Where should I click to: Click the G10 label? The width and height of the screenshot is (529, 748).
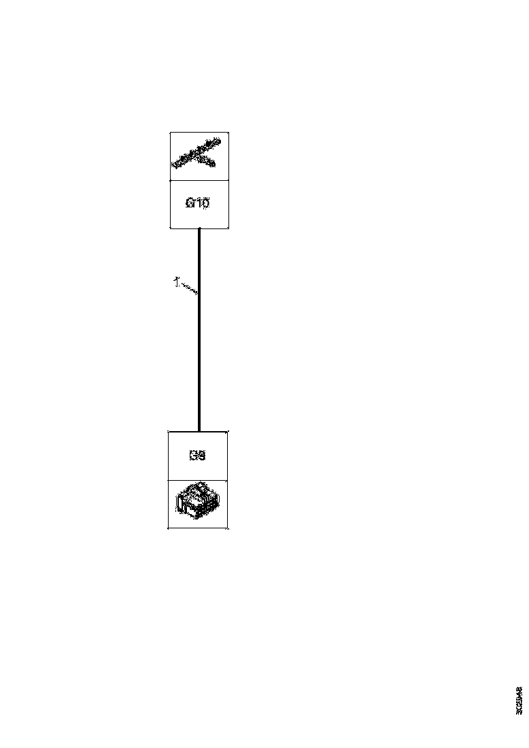pyautogui.click(x=197, y=203)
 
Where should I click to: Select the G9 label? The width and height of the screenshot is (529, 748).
pyautogui.click(x=197, y=456)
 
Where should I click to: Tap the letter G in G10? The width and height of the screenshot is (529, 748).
pyautogui.click(x=190, y=203)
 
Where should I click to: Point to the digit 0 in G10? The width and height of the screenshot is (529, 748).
pyautogui.click(x=205, y=203)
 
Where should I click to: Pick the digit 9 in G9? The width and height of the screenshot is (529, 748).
pyautogui.click(x=202, y=456)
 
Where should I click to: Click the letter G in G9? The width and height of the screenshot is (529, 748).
pyautogui.click(x=193, y=456)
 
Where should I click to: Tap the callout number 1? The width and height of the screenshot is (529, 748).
pyautogui.click(x=175, y=281)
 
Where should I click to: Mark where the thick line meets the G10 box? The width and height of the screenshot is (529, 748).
pyautogui.click(x=199, y=229)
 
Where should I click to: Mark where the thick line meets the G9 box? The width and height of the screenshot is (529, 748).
pyautogui.click(x=199, y=431)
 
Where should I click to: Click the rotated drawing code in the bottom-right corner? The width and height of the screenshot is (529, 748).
pyautogui.click(x=519, y=700)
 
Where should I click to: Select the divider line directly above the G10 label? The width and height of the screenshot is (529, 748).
pyautogui.click(x=199, y=180)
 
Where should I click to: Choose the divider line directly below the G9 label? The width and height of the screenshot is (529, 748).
pyautogui.click(x=198, y=480)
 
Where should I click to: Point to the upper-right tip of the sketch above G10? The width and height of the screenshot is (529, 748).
pyautogui.click(x=220, y=140)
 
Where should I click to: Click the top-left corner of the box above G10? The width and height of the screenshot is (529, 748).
pyautogui.click(x=170, y=133)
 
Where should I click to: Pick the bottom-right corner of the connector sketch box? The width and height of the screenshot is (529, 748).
pyautogui.click(x=228, y=528)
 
